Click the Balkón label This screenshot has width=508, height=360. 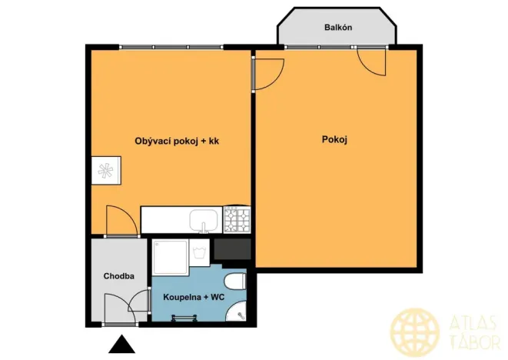(x=338, y=28)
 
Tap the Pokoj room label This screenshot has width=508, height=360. (x=335, y=139)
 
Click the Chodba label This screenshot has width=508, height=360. (x=119, y=276)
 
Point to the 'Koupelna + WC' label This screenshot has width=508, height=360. (x=193, y=296)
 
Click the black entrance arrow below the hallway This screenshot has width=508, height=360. (x=121, y=345)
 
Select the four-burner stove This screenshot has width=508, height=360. (x=237, y=220)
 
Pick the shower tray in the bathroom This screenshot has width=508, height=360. (x=169, y=256)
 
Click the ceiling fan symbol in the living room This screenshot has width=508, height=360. (x=105, y=171)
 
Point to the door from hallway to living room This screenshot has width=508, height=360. (x=121, y=221)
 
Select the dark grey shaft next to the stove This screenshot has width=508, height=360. (x=233, y=249)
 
